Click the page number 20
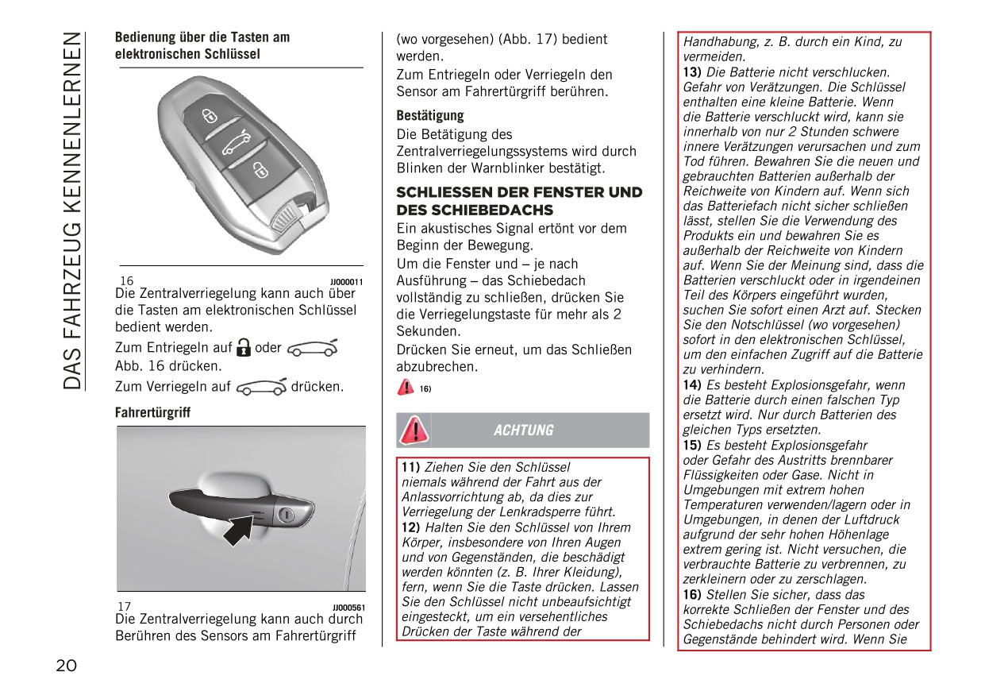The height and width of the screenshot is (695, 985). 67,666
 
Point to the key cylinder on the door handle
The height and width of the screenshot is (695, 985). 287,515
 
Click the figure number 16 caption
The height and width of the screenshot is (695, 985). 127,281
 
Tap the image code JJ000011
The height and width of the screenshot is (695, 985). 346,282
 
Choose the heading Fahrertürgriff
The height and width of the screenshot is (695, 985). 152,413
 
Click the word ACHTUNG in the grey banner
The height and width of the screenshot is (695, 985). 523,431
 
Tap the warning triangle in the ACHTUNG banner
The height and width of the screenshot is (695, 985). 414,430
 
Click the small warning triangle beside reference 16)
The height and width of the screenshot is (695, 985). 406,388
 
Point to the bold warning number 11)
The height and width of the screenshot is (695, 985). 411,467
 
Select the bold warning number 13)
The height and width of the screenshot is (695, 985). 692,72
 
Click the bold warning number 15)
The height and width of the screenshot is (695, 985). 692,446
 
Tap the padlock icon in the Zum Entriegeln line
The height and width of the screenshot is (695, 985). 244,347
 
